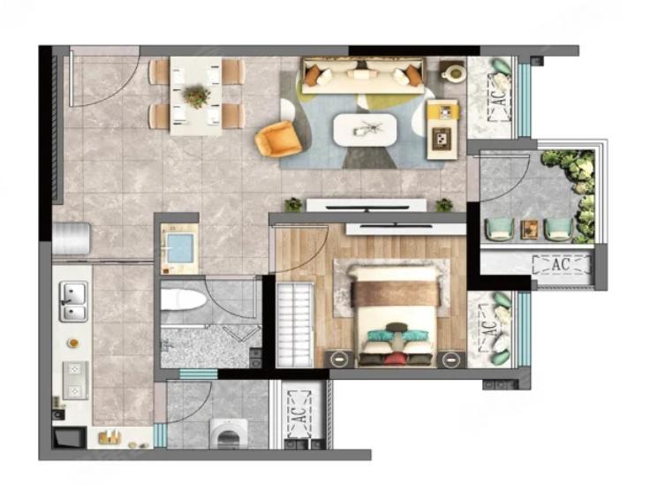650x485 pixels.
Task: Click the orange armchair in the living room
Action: pyautogui.click(x=277, y=139)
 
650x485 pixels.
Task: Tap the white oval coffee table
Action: pyautogui.click(x=366, y=130)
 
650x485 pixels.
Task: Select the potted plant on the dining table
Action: pyautogui.click(x=196, y=95)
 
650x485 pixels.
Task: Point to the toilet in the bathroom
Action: pyautogui.click(x=183, y=299)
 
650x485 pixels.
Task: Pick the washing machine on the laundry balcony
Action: pyautogui.click(x=229, y=434)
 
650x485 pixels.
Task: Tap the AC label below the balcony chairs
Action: pyautogui.click(x=562, y=264)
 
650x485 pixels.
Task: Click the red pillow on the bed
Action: pyautogui.click(x=393, y=358)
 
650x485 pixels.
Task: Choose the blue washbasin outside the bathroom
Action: pyautogui.click(x=179, y=249)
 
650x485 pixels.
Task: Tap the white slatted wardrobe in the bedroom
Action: pyautogui.click(x=295, y=324)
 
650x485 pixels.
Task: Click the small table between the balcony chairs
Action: pyautogui.click(x=530, y=229)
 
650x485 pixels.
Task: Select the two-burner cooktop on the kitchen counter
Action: pyautogui.click(x=75, y=380)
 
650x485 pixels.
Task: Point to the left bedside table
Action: pyautogui.click(x=339, y=359)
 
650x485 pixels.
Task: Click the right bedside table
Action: pyautogui.click(x=451, y=359)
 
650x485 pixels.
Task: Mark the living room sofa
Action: pyautogui.click(x=363, y=75)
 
